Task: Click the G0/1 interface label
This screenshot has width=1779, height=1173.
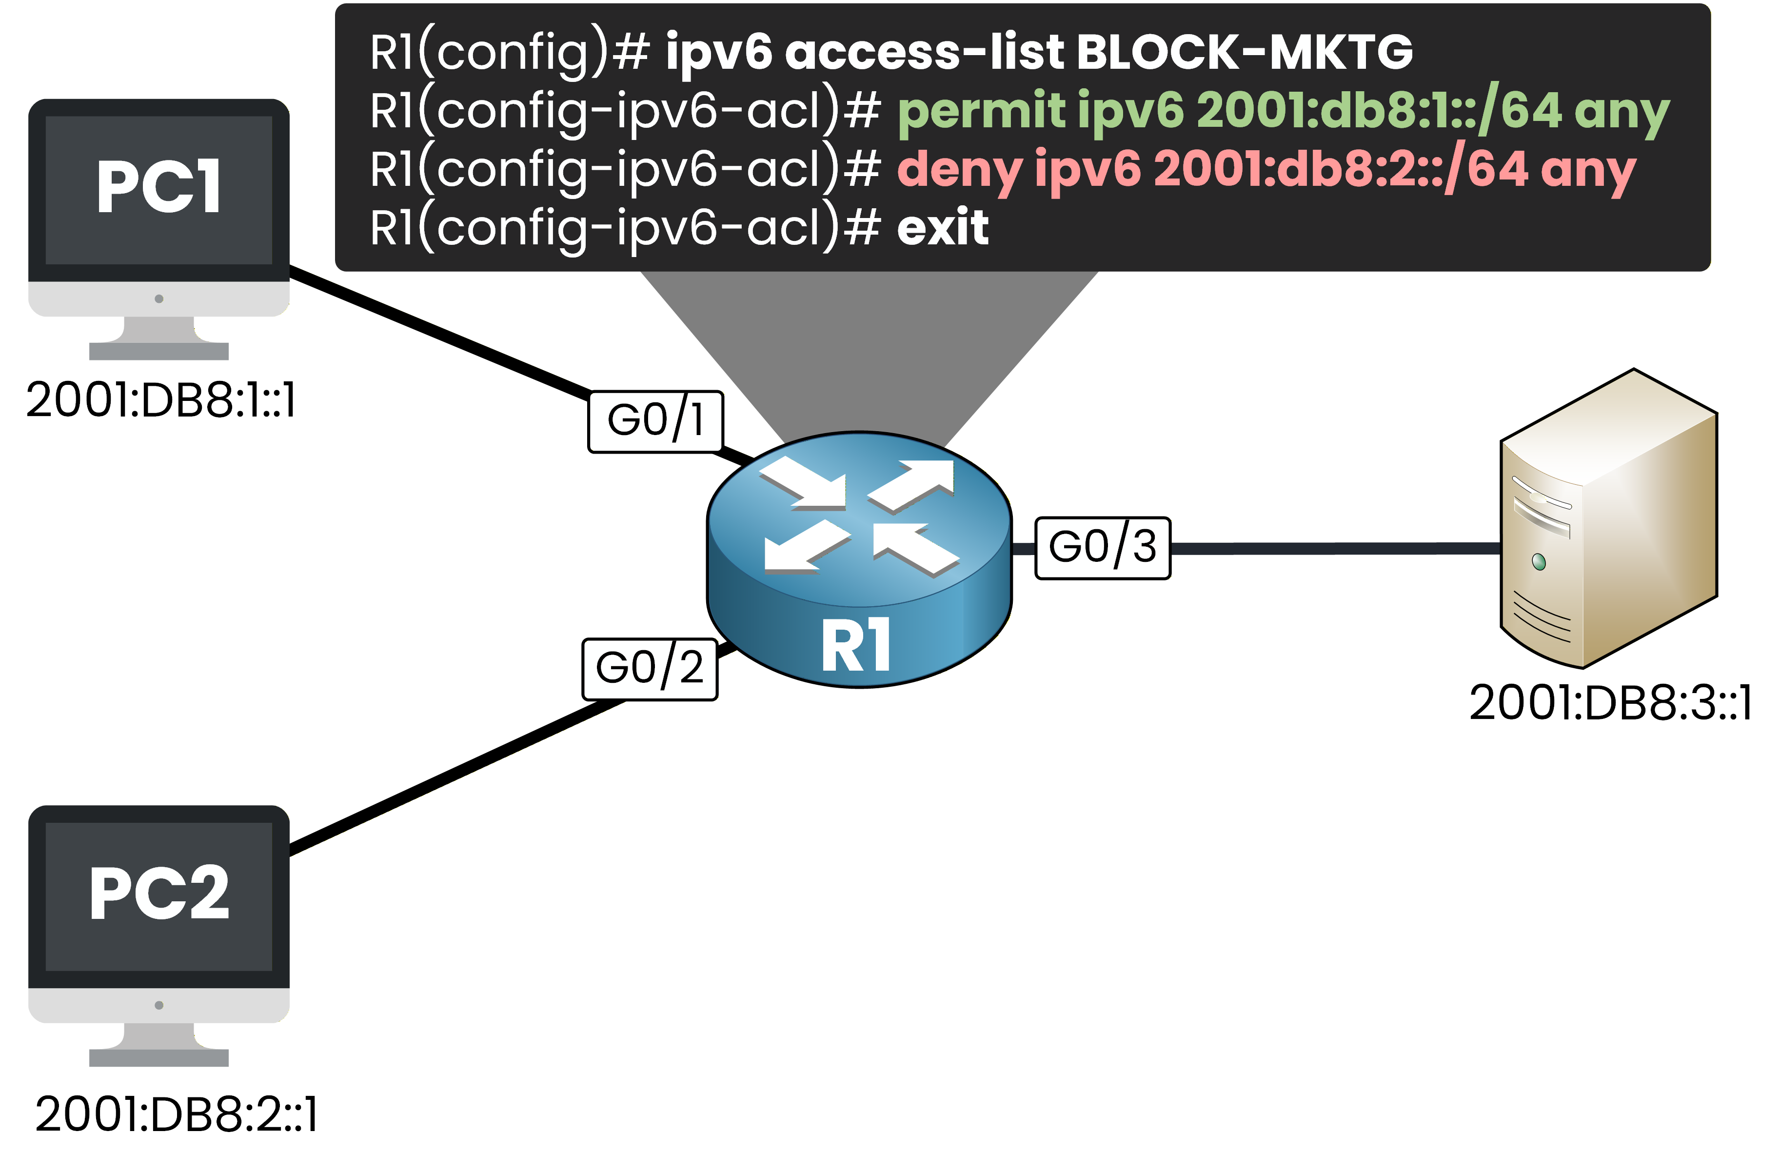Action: [655, 421]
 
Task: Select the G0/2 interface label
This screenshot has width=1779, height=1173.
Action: [649, 669]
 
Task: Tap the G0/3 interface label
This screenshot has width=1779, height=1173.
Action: [1102, 548]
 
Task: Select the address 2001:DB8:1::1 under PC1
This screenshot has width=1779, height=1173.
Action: [161, 400]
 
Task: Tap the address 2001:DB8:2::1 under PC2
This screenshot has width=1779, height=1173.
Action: [177, 1114]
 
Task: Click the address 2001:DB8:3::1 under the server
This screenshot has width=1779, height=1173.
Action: [1610, 703]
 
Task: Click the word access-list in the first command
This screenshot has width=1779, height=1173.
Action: [924, 52]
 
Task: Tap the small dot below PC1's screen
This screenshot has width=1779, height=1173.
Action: [158, 298]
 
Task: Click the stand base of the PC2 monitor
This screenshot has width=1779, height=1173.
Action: [158, 1057]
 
